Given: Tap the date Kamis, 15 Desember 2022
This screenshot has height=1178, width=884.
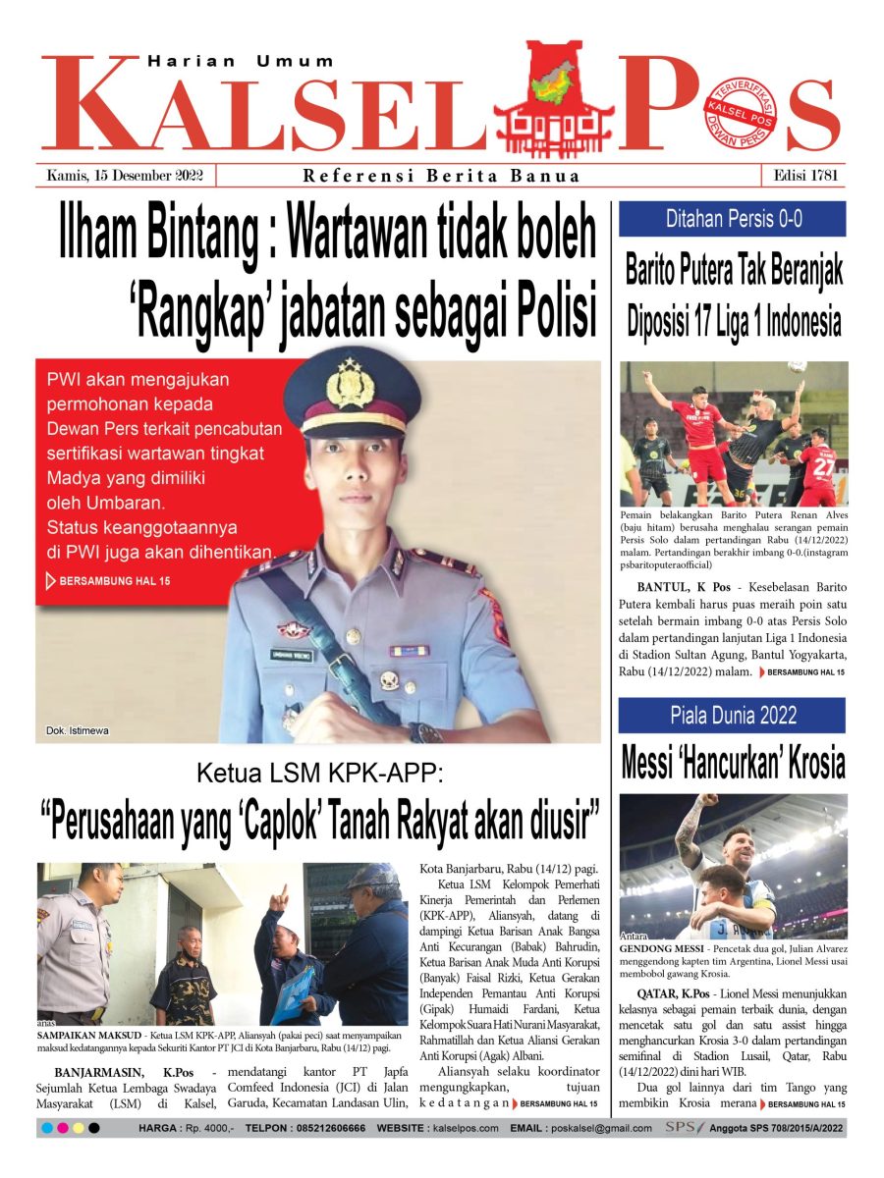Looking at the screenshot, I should click(125, 176).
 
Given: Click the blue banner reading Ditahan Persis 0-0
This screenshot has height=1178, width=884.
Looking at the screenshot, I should click(732, 219).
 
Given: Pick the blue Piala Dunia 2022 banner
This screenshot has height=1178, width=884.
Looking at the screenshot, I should click(732, 715).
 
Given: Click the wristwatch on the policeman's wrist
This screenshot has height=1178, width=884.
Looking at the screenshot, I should click(427, 731).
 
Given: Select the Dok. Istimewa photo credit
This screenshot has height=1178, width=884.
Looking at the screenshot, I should click(78, 730).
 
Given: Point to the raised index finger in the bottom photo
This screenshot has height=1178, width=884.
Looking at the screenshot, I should click(282, 895).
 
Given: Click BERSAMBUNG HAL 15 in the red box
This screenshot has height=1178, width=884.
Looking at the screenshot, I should click(114, 581).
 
